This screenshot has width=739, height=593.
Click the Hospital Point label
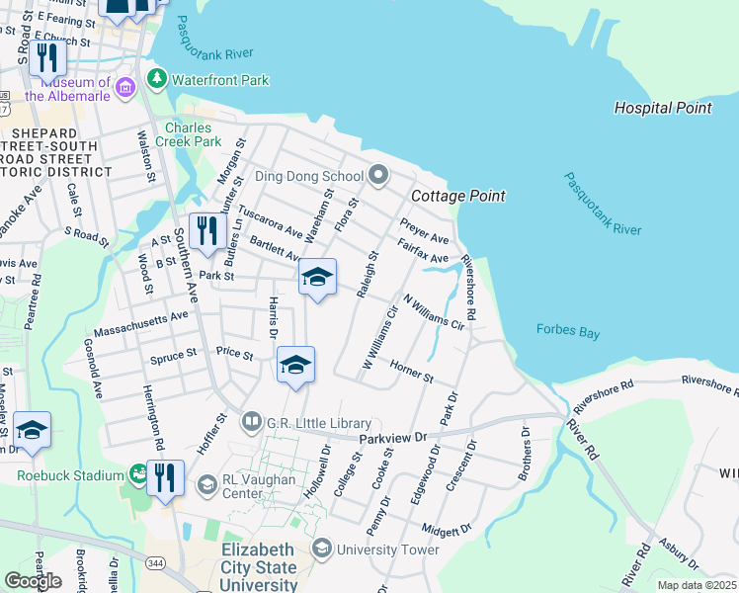[662, 108]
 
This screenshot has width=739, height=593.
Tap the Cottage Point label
[457, 196]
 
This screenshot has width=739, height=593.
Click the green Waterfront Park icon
[156, 78]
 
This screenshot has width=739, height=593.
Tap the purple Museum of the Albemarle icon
[125, 88]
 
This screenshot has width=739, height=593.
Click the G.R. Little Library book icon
[251, 422]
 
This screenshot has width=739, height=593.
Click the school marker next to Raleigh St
[318, 278]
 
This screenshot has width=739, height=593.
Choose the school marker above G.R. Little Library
[296, 366]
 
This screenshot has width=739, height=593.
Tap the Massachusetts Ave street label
[140, 321]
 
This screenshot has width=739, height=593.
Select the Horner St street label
[412, 371]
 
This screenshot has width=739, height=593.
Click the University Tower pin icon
[322, 549]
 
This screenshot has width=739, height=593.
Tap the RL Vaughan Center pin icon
[206, 484]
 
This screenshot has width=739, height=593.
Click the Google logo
[33, 580]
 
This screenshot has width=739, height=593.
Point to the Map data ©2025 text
[697, 585]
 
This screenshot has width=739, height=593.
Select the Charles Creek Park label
[194, 134]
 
